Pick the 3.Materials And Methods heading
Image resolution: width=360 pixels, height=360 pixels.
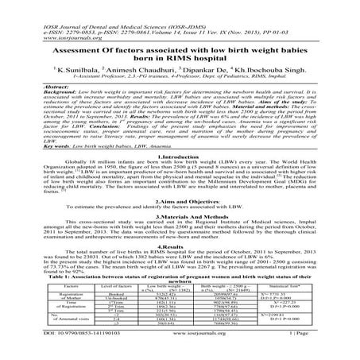(180, 241)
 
